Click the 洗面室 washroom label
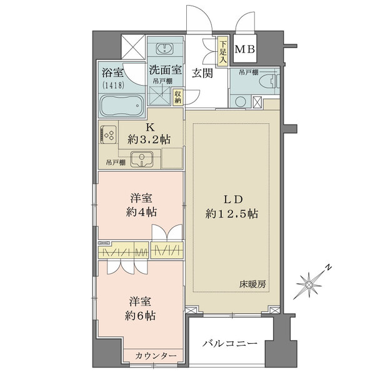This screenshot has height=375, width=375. pyautogui.click(x=166, y=70)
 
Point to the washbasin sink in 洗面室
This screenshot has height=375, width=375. pyautogui.click(x=166, y=49)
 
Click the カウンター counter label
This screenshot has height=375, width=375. pyautogui.click(x=156, y=356)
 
